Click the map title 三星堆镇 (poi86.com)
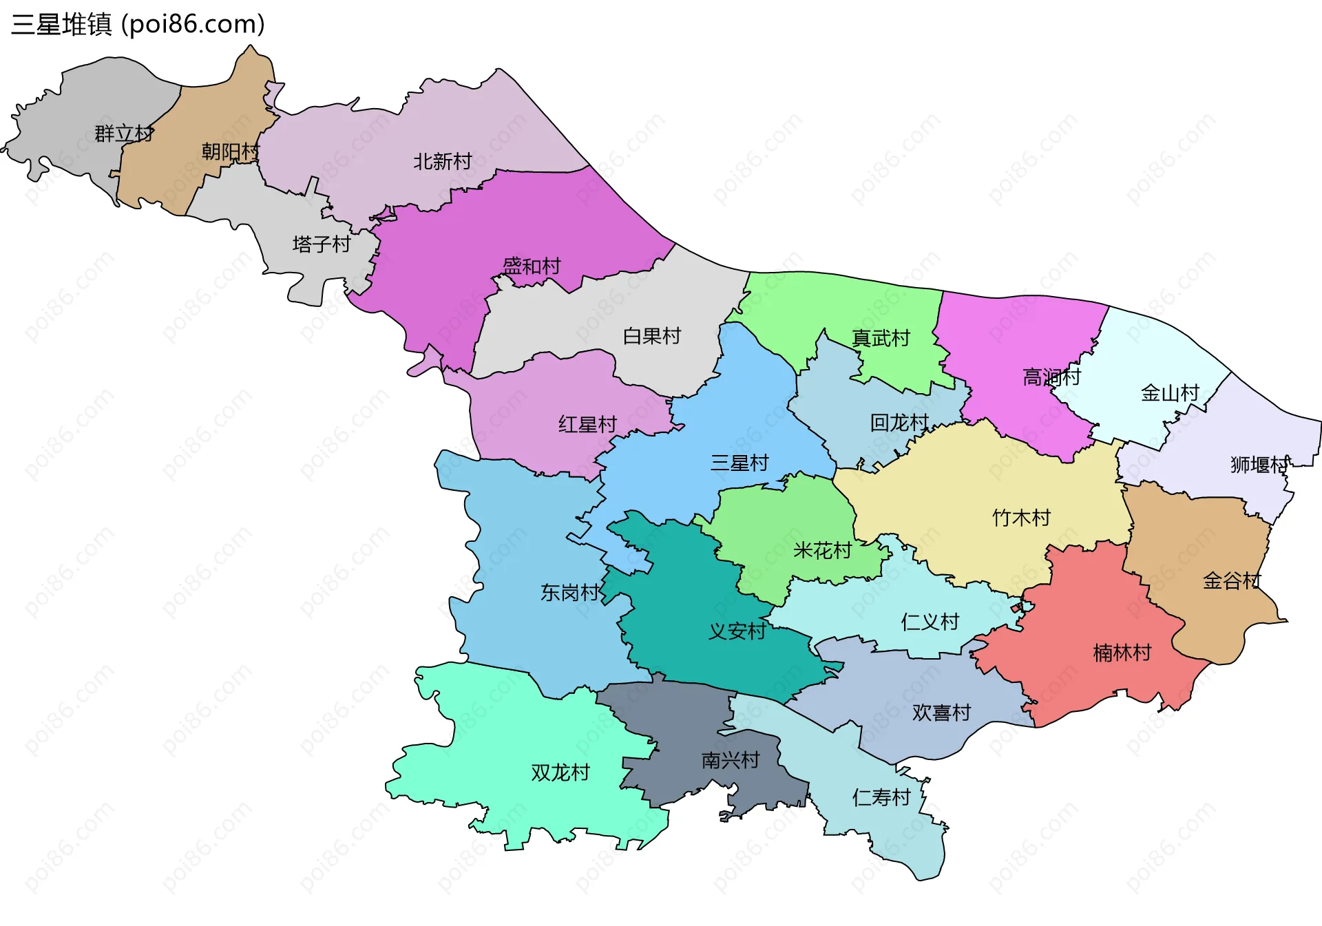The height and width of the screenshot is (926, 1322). tap(138, 25)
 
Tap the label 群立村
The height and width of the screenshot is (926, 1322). tap(124, 134)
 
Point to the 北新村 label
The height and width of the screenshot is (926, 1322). tap(442, 162)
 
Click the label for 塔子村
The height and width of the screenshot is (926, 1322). tap(322, 244)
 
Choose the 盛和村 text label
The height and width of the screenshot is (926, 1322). tap(532, 266)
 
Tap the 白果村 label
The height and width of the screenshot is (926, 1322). tap(651, 336)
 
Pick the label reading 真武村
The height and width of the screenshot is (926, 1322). tap(881, 338)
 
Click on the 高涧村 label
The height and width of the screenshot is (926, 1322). tap(1051, 377)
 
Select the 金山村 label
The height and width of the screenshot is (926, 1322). tap(1170, 393)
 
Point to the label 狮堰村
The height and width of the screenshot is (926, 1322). tap(1259, 465)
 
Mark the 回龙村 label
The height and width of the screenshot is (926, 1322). tap(899, 423)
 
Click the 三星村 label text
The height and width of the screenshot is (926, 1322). tap(739, 463)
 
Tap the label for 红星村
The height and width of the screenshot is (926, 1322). tap(587, 425)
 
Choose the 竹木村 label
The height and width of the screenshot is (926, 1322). tap(1021, 518)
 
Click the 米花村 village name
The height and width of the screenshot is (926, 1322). tap(822, 551)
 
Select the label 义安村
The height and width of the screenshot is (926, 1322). tap(737, 631)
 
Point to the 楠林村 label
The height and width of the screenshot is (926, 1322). tap(1122, 653)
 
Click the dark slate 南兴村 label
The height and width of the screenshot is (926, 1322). tap(731, 760)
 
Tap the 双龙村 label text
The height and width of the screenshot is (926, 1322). tap(560, 772)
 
